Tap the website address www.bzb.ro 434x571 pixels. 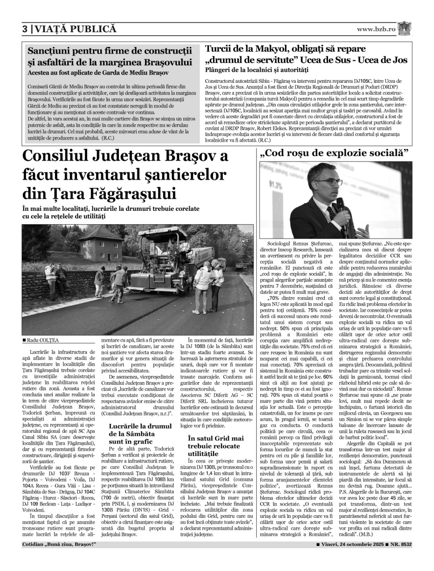[376, 29]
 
